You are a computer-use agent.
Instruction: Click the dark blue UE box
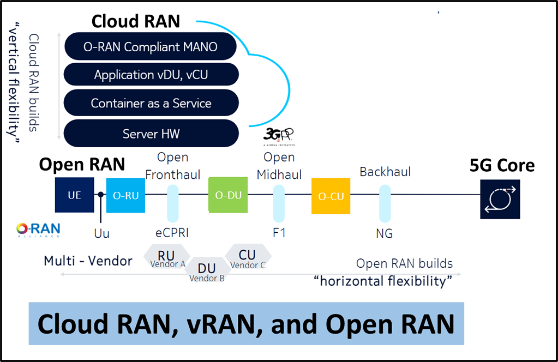75,195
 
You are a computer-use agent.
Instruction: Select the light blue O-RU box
126,195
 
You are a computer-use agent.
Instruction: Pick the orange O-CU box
331,196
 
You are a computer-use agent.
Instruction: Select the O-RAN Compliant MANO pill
151,47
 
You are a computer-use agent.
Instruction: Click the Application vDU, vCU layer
151,75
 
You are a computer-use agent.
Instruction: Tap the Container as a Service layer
151,103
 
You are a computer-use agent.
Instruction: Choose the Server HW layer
151,134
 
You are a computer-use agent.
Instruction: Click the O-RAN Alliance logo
38,230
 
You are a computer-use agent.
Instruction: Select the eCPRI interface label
172,233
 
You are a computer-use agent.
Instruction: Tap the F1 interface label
279,233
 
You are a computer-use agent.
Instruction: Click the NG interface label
384,234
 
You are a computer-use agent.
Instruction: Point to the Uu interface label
101,234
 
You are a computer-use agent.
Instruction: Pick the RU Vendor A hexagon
167,258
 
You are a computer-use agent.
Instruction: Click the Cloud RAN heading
136,21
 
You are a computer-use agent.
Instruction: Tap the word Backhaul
385,172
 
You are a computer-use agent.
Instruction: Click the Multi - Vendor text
88,261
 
